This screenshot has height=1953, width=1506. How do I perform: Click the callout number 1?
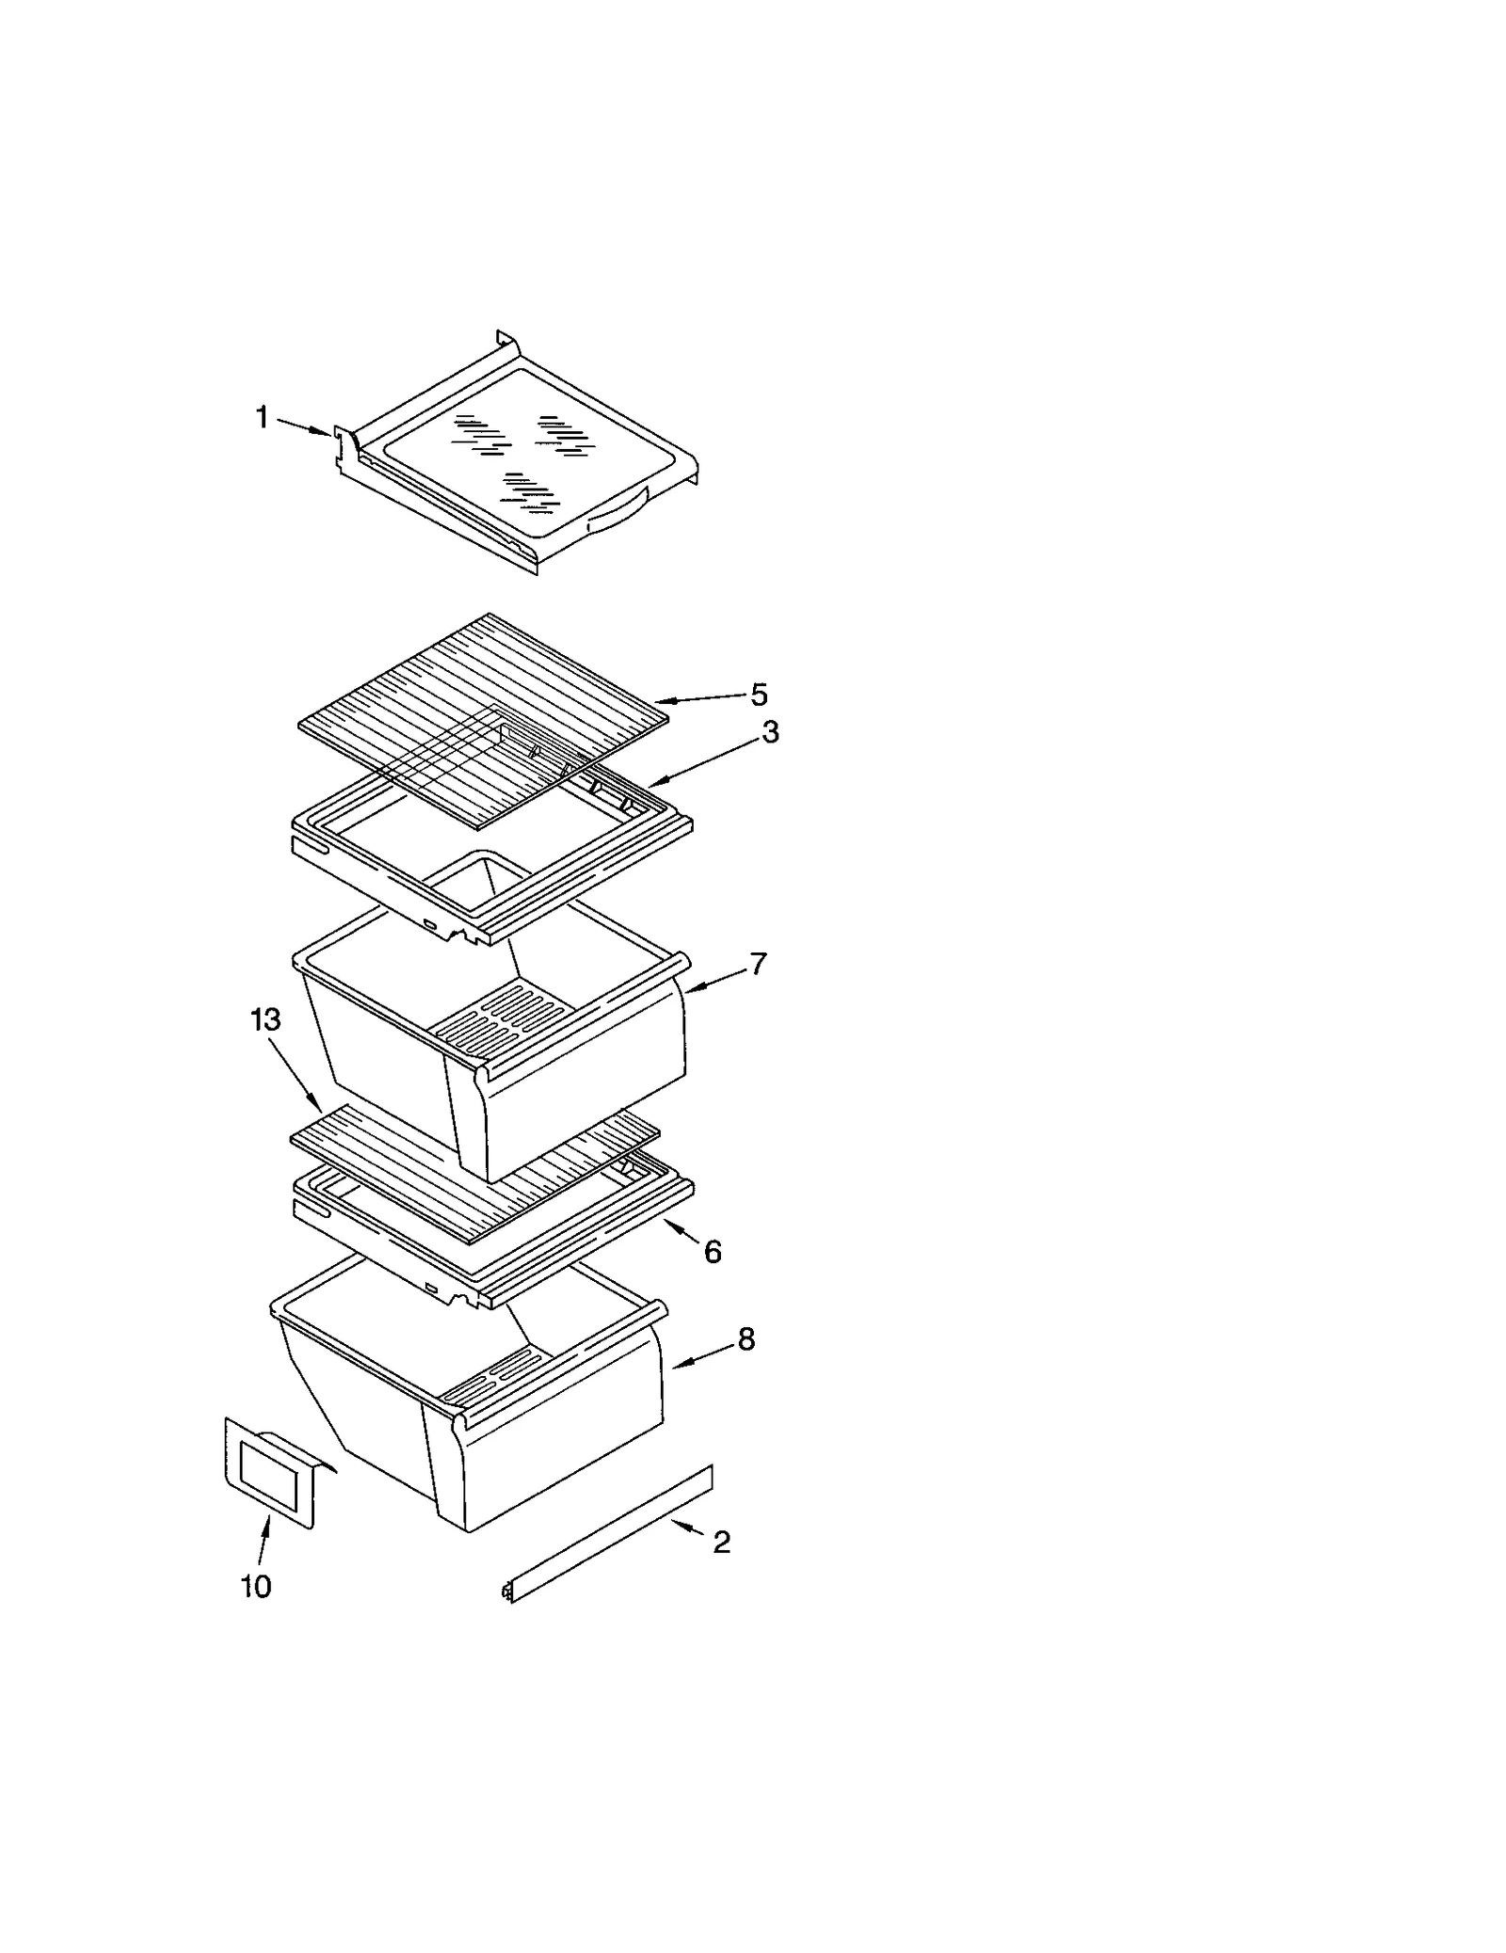click(263, 416)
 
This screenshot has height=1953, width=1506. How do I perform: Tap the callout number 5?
click(759, 695)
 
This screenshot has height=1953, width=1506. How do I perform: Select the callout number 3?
click(770, 732)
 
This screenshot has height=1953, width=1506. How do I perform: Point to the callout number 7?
click(758, 964)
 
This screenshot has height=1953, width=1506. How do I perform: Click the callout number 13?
click(265, 1019)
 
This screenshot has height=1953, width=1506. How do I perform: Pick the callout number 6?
click(713, 1251)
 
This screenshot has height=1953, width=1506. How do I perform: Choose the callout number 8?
click(745, 1338)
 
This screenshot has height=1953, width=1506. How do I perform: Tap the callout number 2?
click(721, 1542)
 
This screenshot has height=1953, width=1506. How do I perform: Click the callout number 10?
click(256, 1586)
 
